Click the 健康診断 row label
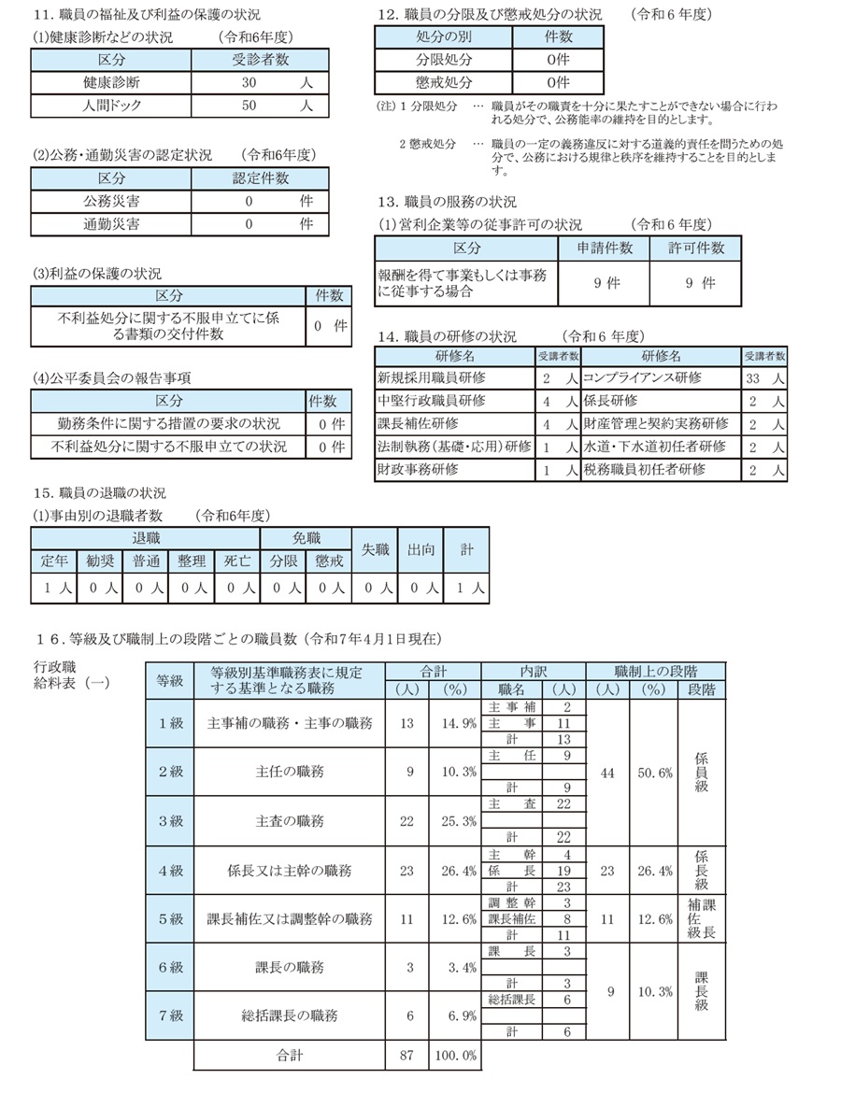[110, 82]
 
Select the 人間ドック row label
[110, 106]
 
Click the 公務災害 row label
[110, 201]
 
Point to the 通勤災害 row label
[110, 224]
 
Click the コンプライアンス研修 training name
[642, 378]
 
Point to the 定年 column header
[55, 561]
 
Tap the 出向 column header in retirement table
[420, 550]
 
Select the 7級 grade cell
[170, 1015]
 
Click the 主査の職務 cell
[290, 821]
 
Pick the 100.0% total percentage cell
[455, 1056]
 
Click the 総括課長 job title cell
[512, 1000]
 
